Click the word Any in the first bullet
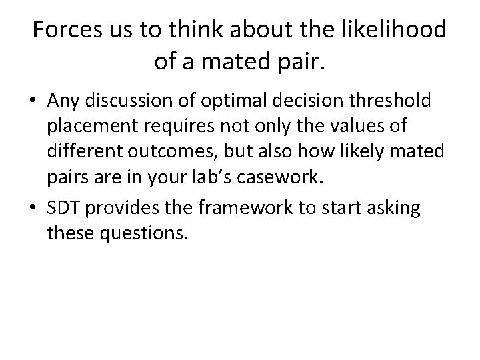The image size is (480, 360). click(x=63, y=101)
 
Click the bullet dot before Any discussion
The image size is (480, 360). click(x=33, y=101)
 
